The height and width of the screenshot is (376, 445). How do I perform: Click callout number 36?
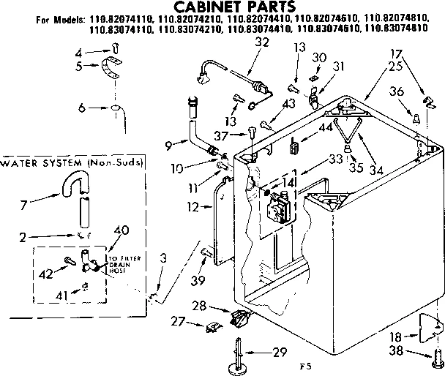395,91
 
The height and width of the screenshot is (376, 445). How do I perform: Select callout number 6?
83,108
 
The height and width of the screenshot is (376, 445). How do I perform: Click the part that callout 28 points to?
240,317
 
